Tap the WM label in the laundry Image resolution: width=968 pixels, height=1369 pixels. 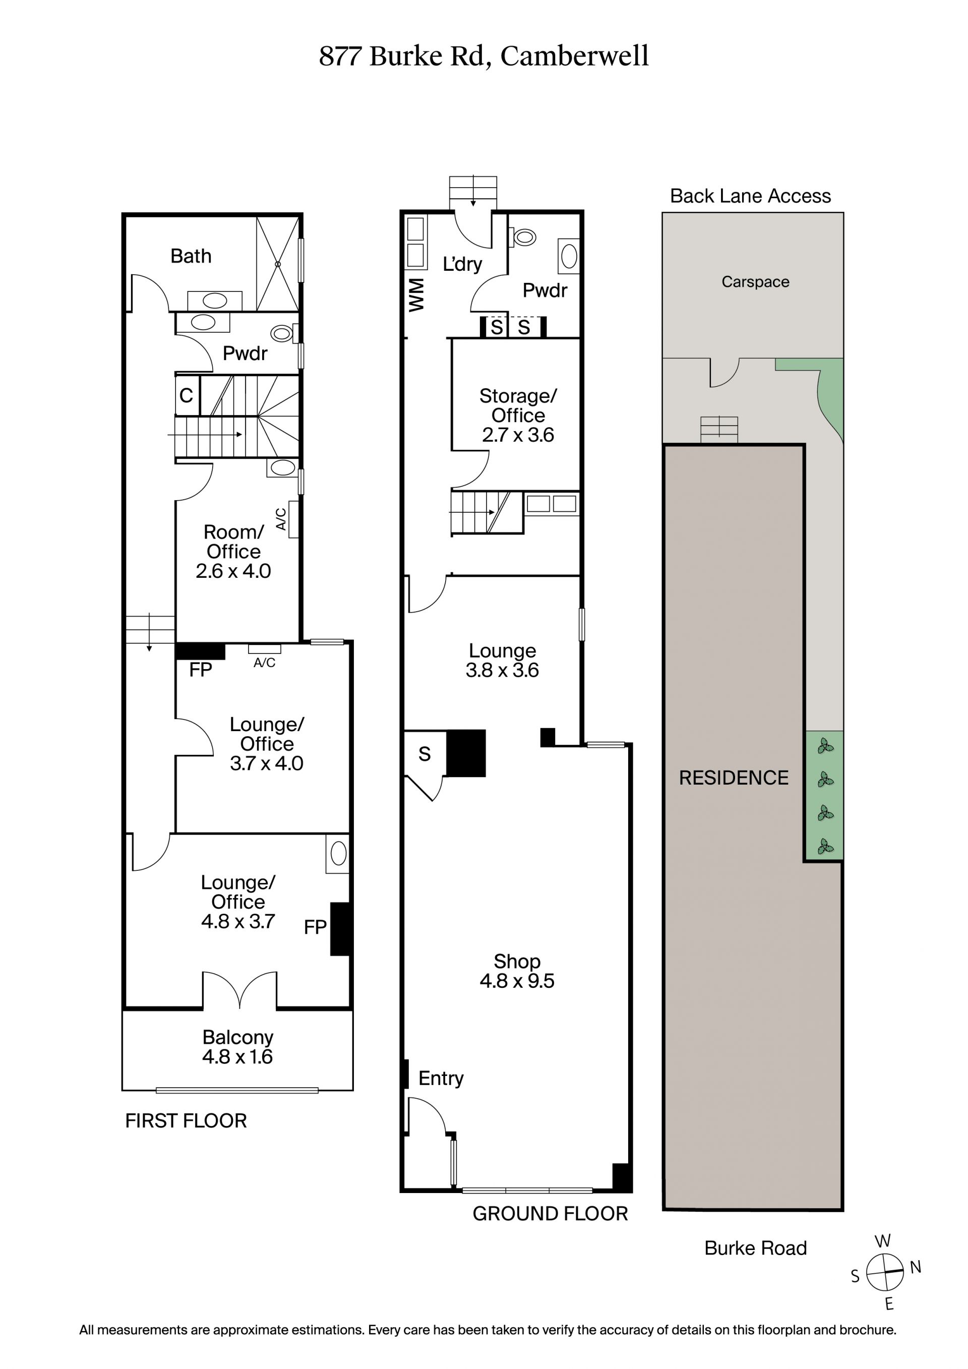point(415,294)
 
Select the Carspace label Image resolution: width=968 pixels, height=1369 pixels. point(755,281)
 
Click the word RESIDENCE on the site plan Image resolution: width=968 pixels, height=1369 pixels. point(734,778)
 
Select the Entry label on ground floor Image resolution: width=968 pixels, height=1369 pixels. point(441,1078)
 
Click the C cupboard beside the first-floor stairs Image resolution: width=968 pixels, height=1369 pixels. point(187,395)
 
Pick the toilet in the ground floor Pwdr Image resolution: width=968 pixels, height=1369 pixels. point(523,237)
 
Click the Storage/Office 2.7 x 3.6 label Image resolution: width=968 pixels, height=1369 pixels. point(518,415)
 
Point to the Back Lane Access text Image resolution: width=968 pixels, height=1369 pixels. point(750,196)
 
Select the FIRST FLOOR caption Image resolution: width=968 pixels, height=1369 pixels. point(186,1121)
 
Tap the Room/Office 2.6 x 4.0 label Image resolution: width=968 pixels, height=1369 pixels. point(233,552)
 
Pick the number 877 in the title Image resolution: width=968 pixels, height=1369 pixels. point(340,56)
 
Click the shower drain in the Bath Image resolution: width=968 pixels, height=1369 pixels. point(278,264)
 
